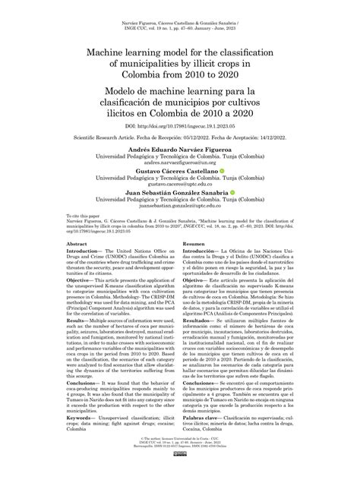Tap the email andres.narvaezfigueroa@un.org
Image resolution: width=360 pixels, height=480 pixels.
coord(180,166)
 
